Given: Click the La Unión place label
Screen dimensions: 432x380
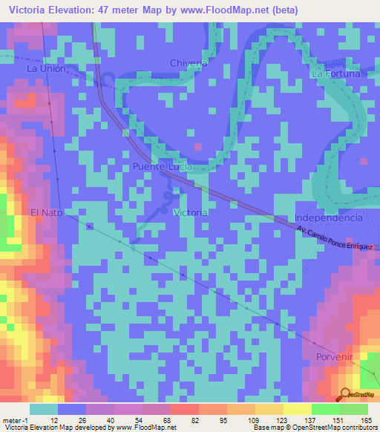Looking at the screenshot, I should [47, 68].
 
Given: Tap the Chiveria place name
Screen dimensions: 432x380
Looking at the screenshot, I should [189, 63].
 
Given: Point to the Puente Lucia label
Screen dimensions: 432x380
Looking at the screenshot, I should [163, 167].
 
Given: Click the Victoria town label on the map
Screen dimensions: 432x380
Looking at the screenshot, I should [189, 212].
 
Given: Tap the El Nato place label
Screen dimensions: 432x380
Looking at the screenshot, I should [48, 213].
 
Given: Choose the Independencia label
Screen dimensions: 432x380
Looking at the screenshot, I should [329, 217].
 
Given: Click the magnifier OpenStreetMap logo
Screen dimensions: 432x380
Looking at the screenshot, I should [346, 394].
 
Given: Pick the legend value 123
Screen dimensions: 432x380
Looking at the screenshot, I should [278, 420].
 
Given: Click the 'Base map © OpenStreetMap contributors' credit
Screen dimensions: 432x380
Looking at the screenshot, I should [314, 428].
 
